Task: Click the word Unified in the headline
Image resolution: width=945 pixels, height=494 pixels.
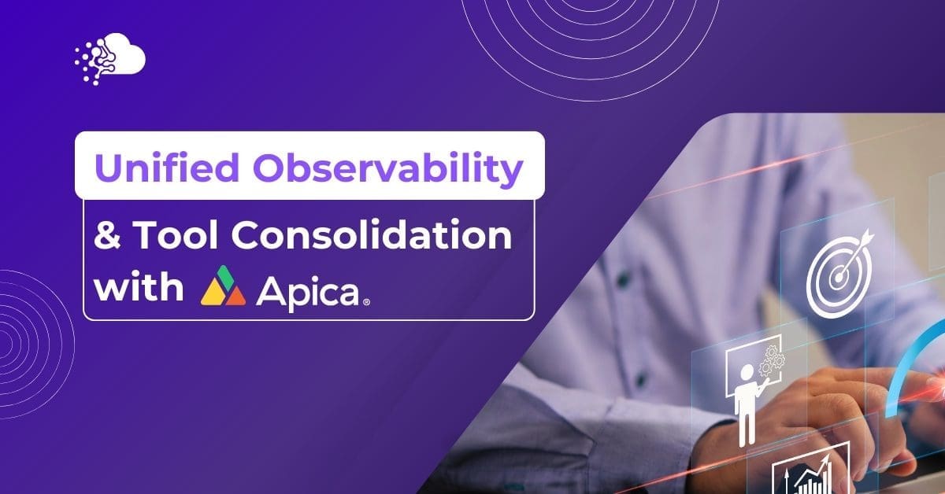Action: (x=167, y=168)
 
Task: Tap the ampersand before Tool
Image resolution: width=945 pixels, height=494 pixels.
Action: (x=107, y=234)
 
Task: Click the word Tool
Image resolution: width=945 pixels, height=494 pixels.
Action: (x=176, y=234)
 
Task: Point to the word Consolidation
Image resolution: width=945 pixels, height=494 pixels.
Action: (x=372, y=234)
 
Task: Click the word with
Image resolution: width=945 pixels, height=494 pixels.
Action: (x=139, y=286)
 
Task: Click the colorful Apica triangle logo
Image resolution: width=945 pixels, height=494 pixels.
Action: (x=223, y=286)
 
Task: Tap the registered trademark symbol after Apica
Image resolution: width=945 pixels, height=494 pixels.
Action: (x=366, y=302)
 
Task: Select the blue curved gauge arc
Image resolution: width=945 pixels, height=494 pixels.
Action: (x=907, y=363)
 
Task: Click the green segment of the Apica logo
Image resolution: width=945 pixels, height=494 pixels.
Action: (x=224, y=277)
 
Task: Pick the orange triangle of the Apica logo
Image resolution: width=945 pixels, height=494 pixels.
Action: (x=235, y=297)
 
